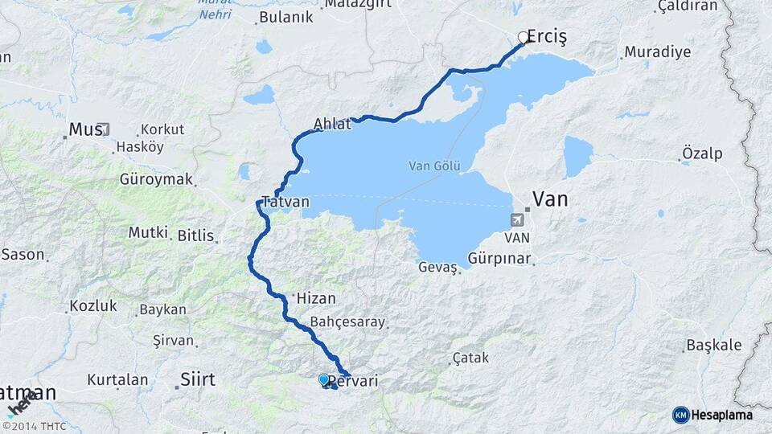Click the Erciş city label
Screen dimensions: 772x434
(548, 37)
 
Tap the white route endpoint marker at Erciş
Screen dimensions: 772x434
(524, 37)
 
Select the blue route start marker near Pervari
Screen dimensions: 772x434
(323, 379)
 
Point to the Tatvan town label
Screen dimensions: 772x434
(283, 202)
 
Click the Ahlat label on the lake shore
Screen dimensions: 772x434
(332, 125)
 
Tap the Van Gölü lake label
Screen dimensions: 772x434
(434, 166)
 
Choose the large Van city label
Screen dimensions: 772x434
(552, 199)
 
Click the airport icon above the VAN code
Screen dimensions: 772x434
(516, 219)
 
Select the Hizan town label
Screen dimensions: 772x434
(316, 297)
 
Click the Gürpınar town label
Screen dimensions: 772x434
(500, 259)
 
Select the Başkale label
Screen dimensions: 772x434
(713, 345)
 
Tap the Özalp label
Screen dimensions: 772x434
(702, 154)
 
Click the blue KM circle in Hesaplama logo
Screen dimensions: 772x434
(680, 415)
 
